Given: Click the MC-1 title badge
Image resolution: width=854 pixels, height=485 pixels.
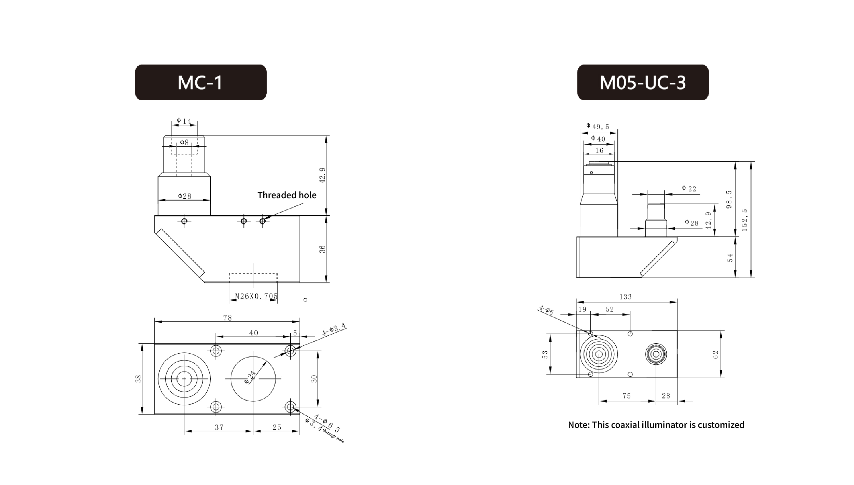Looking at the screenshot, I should point(200,82).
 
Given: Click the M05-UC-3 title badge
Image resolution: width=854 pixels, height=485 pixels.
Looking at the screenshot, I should point(643,82).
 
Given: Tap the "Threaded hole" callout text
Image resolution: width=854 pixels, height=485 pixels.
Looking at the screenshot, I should point(287,195).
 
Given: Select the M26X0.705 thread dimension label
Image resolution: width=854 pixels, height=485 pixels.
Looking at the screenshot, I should point(256,296).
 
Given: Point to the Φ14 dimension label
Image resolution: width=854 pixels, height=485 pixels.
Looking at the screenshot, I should point(184,121).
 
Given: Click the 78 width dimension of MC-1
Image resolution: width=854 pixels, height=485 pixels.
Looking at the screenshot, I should point(227,318).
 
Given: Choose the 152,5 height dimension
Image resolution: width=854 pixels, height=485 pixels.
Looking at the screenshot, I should point(745,220).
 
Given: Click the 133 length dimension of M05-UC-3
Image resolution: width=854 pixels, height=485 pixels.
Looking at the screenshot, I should point(626,297).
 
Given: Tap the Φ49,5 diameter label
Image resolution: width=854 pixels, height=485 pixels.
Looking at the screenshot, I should point(598,126).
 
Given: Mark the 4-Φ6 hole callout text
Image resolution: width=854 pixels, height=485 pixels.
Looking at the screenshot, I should point(546,310).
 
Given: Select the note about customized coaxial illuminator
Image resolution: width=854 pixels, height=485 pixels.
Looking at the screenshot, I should point(656,425).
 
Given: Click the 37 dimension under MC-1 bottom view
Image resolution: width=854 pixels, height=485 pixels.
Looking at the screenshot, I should point(219,427).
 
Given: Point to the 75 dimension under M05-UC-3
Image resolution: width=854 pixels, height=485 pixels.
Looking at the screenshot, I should point(627,396).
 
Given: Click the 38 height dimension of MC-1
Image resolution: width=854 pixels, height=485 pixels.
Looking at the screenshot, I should point(139,379).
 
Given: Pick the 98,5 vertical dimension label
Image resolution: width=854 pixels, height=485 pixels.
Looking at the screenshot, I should point(729,199).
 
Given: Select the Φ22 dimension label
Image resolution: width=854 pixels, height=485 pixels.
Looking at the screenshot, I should point(689,188).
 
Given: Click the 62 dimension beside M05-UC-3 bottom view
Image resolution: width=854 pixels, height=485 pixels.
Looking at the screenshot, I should point(716,354).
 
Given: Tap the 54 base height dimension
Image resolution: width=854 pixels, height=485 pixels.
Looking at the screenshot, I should point(730,257).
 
